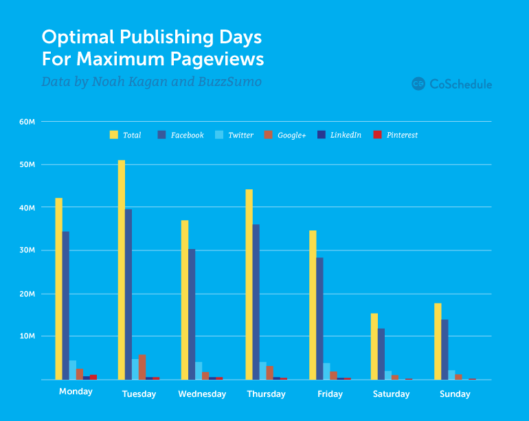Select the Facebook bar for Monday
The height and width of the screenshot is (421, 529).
[65, 305]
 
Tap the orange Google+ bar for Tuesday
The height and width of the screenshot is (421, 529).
[142, 367]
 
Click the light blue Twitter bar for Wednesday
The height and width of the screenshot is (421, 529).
[199, 371]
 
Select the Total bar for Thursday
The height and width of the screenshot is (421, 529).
[249, 284]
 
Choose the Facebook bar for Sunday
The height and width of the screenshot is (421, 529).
[444, 349]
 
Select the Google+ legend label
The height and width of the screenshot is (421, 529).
[291, 136]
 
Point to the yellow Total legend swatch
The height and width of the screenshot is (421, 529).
[114, 135]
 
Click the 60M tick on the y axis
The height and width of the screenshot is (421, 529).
[27, 122]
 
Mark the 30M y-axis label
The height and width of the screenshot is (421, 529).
[27, 250]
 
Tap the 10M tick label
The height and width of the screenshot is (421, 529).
[27, 336]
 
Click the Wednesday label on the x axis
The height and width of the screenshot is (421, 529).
[202, 394]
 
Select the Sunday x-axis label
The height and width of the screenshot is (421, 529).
[455, 394]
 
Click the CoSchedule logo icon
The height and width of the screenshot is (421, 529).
[418, 84]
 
